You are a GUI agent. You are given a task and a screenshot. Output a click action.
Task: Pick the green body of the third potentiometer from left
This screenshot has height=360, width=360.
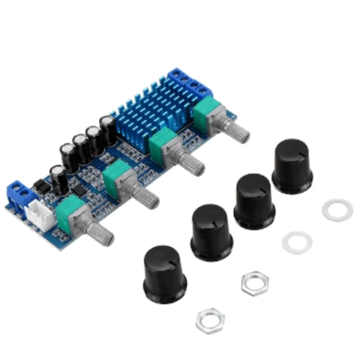tap(163, 145)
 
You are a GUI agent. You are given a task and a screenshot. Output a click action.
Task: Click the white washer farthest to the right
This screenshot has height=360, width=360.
tap(337, 210)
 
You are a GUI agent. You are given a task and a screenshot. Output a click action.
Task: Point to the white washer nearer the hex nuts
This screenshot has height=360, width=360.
tap(297, 242)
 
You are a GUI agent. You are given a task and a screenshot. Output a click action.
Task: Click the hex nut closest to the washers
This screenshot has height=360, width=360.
tap(255, 283)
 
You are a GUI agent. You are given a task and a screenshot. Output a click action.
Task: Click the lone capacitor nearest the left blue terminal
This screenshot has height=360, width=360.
tap(57, 177)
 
